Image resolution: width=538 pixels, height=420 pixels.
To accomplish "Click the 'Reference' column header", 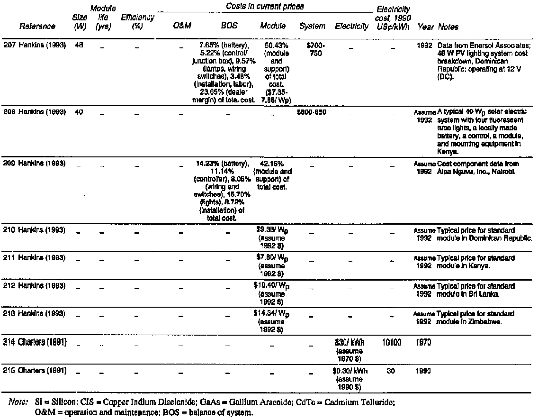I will click(x=37, y=27).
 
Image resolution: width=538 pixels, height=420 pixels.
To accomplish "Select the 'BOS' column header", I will click(x=229, y=27).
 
